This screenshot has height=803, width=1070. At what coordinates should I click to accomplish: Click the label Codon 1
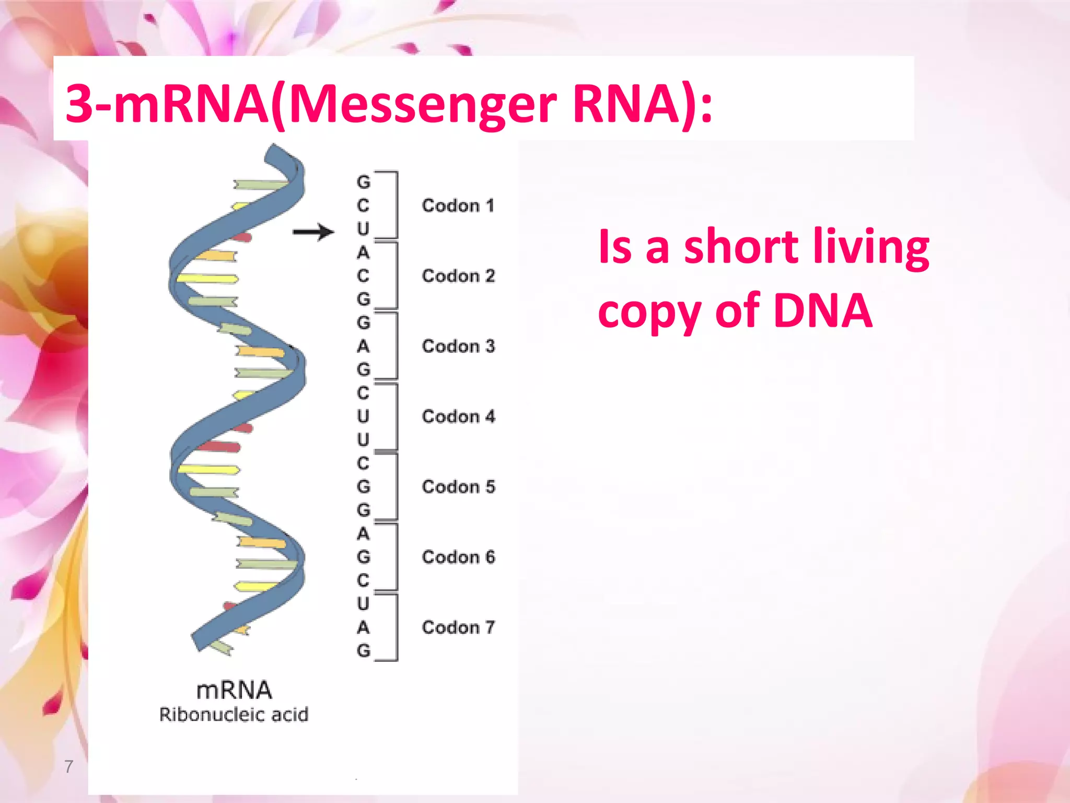coord(458,205)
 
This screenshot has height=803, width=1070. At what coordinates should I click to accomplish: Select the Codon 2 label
coord(458,276)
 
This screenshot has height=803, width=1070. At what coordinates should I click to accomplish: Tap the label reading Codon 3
coord(458,346)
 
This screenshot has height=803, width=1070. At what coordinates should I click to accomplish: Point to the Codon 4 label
coord(458,416)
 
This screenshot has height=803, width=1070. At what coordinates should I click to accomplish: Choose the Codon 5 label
coord(458,487)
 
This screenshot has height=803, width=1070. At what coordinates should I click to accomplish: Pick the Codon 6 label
coord(458,557)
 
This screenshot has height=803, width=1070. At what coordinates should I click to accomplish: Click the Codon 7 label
coord(458,627)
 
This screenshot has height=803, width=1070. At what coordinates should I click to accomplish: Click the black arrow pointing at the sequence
coord(313,232)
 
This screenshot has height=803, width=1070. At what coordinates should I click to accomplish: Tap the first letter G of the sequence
coord(363,182)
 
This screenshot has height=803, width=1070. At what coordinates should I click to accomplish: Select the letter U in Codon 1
coord(363,229)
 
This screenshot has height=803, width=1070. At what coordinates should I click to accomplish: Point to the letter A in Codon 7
coord(363,627)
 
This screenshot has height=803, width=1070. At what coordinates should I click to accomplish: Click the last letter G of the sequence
coord(363,651)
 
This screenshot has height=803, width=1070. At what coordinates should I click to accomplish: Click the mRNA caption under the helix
coord(234,691)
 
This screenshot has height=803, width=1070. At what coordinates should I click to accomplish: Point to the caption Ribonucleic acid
coord(234,715)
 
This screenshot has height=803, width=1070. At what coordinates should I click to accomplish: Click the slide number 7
coord(68,766)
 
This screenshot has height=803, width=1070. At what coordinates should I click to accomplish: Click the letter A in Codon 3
coord(363,346)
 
